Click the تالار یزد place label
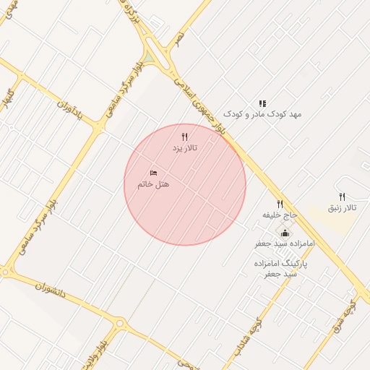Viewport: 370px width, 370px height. (x=184, y=147)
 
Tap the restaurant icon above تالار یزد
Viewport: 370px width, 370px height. (x=184, y=136)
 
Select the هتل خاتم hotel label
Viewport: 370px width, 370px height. (x=153, y=184)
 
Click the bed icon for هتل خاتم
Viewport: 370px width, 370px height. (x=153, y=173)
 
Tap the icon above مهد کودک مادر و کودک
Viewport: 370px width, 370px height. (x=262, y=103)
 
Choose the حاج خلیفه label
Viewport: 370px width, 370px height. (x=280, y=215)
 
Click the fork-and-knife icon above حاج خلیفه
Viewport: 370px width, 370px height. (x=280, y=204)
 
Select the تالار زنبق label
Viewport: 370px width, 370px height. (x=343, y=207)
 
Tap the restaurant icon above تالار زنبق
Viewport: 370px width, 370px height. (x=343, y=197)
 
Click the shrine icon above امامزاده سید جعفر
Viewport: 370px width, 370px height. (x=285, y=233)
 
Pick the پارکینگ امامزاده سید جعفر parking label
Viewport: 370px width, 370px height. (x=280, y=269)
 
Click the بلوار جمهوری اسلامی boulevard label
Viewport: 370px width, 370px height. (x=210, y=108)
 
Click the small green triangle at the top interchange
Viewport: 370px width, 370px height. (x=149, y=56)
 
